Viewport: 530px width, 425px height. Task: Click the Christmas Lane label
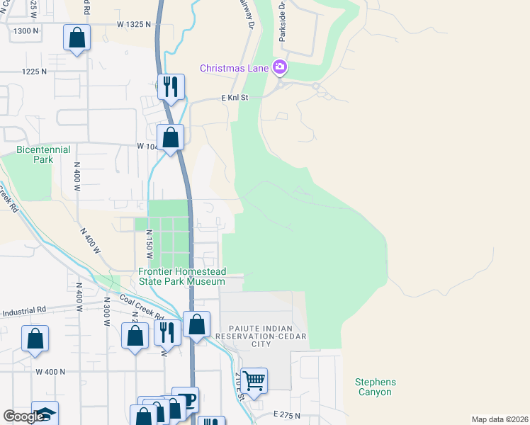234,68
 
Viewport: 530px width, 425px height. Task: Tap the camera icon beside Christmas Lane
281,67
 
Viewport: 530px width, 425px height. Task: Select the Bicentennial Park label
35,154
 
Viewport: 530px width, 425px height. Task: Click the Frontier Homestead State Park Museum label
182,277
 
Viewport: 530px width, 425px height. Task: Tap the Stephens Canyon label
376,387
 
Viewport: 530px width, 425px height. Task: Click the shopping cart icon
254,380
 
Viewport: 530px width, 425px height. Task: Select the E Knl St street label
234,98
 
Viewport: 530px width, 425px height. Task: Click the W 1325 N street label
135,24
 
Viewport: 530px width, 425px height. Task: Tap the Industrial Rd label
24,310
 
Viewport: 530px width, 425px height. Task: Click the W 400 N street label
50,371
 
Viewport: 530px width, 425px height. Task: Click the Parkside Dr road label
282,24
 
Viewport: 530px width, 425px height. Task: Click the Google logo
23,416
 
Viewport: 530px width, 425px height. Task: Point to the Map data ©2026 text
499,419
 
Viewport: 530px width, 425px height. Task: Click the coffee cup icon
186,399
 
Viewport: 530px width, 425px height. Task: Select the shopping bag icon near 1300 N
77,38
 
